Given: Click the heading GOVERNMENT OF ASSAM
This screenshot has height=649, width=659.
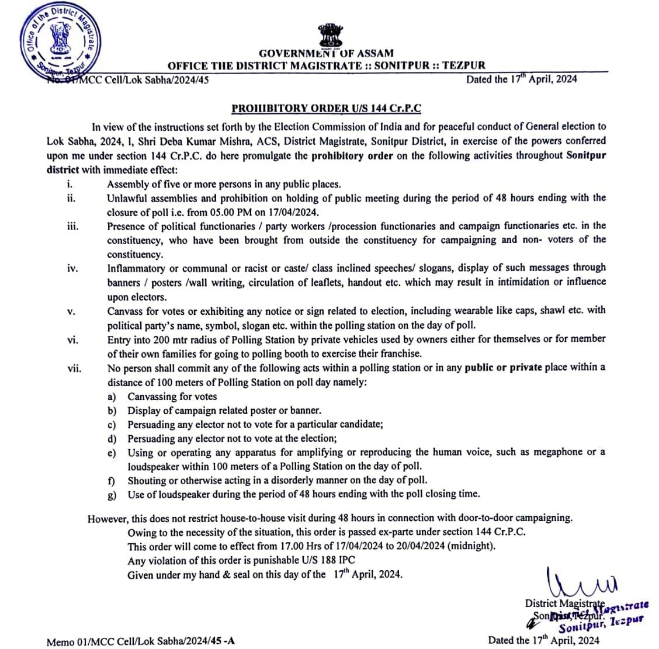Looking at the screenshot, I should pos(326,53).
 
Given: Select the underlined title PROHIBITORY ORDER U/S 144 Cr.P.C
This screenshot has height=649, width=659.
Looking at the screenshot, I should pos(326,108).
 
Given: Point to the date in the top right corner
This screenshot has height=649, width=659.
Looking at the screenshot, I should pos(521,79).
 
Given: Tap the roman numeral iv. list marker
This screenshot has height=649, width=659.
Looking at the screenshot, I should pos(72,268).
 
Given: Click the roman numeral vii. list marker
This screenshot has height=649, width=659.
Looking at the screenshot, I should pos(74,368).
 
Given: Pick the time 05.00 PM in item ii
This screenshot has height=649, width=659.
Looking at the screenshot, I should pos(258,212).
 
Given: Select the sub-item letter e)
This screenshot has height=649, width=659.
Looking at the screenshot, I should pos(112,453).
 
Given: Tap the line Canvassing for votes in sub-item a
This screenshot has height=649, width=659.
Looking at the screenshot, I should pos(172,397).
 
